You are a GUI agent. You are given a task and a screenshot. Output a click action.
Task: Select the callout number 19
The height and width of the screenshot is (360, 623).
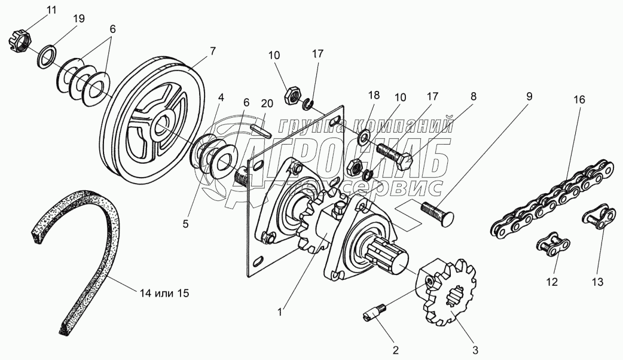79,19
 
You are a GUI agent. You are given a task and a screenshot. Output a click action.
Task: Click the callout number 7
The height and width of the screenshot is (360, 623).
213,51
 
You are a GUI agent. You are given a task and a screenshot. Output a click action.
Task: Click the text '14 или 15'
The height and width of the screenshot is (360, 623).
164,294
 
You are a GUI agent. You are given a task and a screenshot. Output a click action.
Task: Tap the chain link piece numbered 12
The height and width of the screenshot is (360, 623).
553,245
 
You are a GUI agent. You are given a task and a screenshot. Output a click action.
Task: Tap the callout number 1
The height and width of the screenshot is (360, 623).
280,312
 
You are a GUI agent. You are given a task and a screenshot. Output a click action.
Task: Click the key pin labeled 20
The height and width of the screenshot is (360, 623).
261,130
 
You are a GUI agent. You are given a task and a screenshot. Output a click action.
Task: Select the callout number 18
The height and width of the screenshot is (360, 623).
374,95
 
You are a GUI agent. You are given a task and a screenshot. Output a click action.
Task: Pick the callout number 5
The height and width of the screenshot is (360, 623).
185,224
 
